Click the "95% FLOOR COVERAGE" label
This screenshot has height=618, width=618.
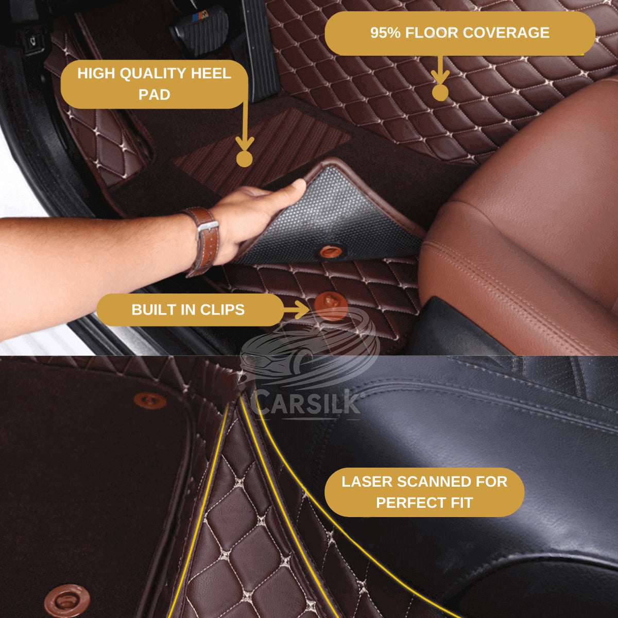coord(459,33)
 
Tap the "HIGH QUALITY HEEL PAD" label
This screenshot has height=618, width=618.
coord(154,84)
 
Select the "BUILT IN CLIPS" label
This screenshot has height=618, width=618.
coord(188,310)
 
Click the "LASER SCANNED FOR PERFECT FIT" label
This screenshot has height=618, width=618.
coord(424,492)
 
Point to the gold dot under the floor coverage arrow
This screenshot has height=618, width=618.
coord(440,93)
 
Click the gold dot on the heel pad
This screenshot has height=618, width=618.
coord(244,159)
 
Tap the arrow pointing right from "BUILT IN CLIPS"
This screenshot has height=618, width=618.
coord(296,309)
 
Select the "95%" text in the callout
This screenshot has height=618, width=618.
coord(385,33)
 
